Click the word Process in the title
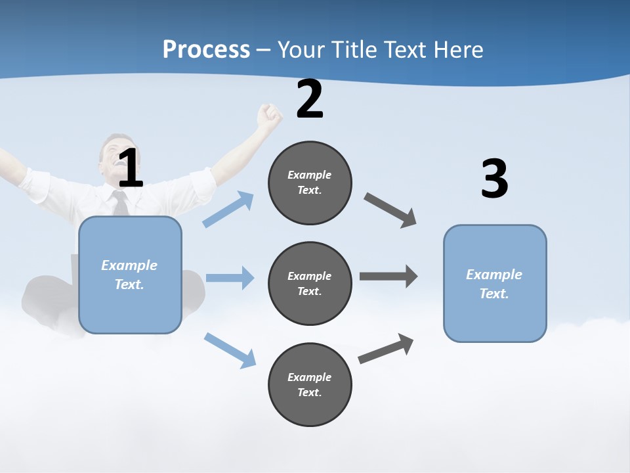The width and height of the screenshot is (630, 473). (206, 49)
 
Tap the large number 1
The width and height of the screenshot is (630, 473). (131, 169)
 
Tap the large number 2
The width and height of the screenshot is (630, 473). (310, 99)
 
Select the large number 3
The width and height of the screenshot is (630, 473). (494, 179)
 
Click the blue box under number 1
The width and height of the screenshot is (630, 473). (130, 275)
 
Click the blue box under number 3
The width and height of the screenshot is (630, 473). (495, 284)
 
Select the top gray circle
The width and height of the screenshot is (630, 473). (310, 183)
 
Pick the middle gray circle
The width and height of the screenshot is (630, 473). (310, 284)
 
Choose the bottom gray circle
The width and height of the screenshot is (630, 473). (310, 385)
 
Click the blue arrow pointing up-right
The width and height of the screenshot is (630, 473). (228, 210)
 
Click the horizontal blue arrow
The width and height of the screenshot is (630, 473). (230, 278)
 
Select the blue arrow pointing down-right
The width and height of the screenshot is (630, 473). (230, 350)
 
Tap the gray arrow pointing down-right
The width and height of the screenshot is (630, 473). (391, 210)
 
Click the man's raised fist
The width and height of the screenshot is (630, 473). (269, 116)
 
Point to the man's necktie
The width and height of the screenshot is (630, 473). (121, 203)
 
